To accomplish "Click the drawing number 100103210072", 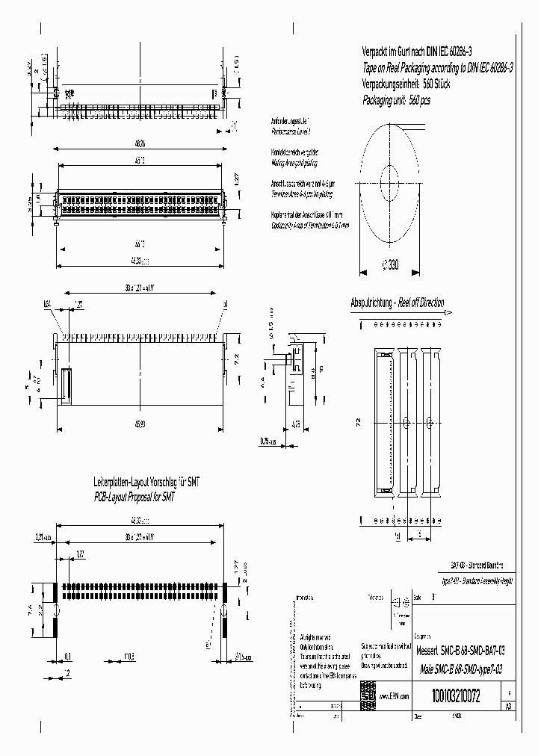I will click(456, 695).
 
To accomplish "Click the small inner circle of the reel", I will click(390, 179).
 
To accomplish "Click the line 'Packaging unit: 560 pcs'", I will click(396, 99).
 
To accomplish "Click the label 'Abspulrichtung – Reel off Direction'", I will click(397, 303).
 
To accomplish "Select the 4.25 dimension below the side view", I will click(295, 424).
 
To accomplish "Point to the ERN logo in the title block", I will click(368, 691).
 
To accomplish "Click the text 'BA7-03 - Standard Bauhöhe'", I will click(477, 568).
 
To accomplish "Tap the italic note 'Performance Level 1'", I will click(290, 130).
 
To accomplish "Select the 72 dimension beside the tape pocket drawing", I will click(359, 422).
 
